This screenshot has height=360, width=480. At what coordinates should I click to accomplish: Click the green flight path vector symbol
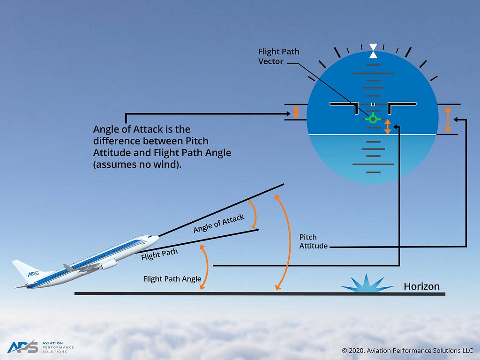[373, 119]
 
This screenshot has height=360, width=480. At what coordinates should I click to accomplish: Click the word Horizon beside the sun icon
[421, 286]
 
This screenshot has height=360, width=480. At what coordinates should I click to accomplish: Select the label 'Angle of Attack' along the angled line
[219, 224]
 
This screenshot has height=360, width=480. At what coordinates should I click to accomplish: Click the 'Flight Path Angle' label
[172, 279]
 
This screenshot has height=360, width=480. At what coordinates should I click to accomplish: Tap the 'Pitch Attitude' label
[313, 241]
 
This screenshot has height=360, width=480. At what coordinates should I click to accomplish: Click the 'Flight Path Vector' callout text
[278, 56]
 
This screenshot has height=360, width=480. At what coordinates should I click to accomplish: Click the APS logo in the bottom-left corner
[22, 346]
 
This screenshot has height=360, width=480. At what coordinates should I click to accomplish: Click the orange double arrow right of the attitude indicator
[448, 119]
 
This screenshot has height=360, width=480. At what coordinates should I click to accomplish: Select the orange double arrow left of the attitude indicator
[296, 112]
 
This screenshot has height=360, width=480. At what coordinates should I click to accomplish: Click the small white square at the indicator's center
[373, 104]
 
